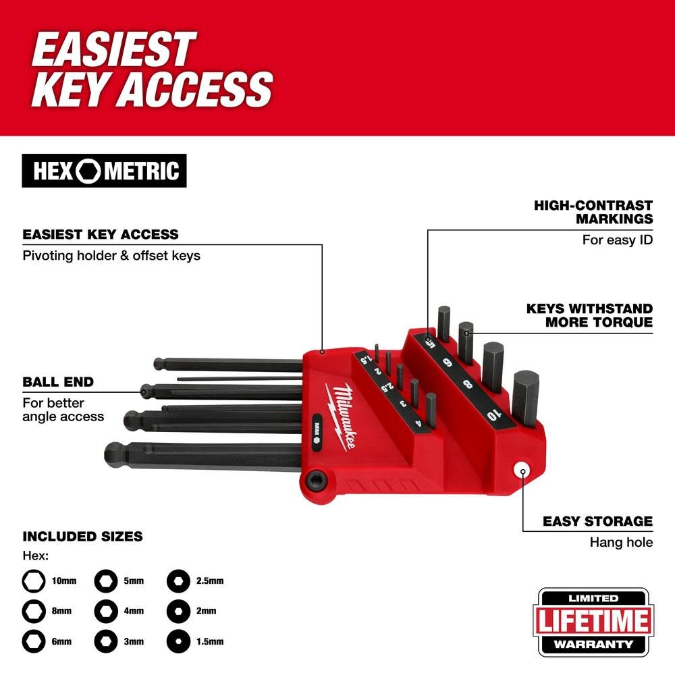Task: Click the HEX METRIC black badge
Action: pos(104,171)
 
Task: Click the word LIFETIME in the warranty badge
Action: pos(593,621)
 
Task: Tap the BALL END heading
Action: pos(58,382)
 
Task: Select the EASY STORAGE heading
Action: pos(597,521)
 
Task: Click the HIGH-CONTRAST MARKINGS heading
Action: pos(593,211)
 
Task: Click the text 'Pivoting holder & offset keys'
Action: pos(111,256)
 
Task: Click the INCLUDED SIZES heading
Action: pos(82,537)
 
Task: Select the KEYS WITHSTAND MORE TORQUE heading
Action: pos(589,315)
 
